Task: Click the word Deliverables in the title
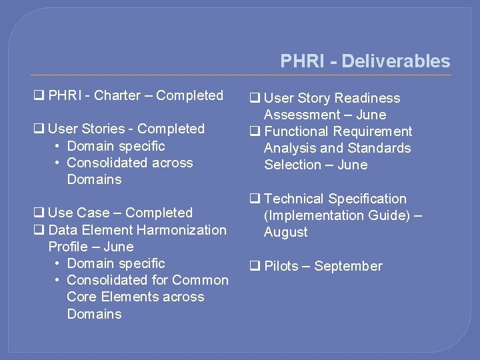tap(395, 61)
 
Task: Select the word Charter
tap(117, 95)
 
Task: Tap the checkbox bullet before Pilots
tap(254, 267)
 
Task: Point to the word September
tap(348, 266)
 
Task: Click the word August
tap(286, 232)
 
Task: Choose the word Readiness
tap(368, 98)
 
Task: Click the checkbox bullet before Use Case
tap(39, 213)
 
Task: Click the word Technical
tap(294, 199)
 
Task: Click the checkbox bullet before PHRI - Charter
tap(39, 96)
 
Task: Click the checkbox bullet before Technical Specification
tap(254, 199)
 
